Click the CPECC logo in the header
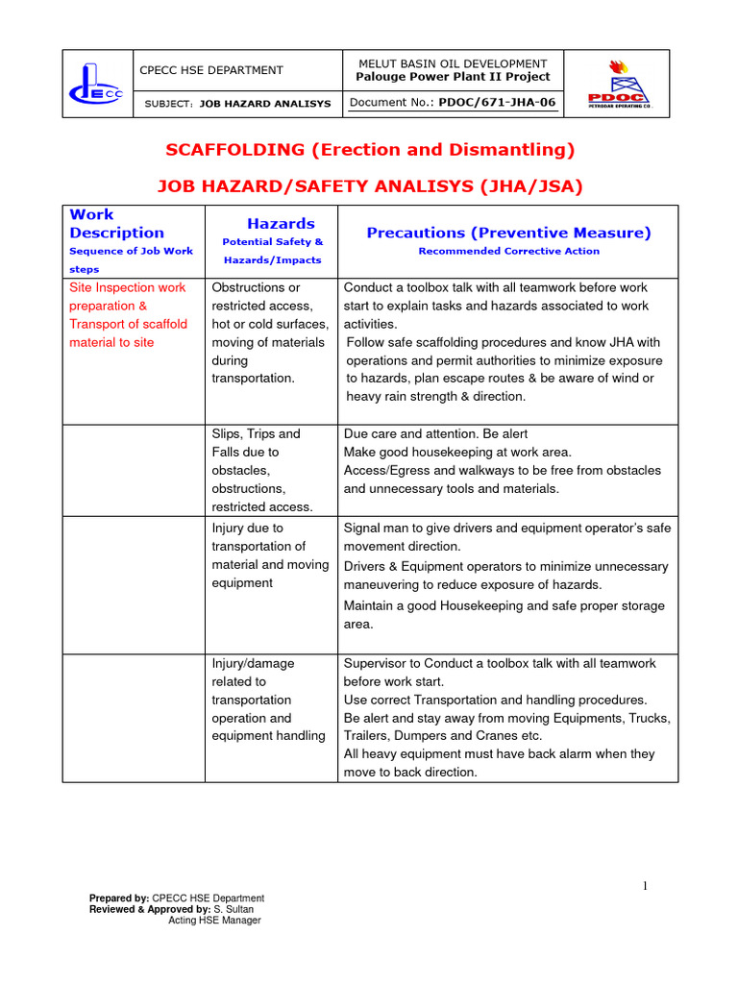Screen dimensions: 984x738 tap(96, 84)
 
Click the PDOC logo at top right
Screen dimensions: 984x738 tap(619, 84)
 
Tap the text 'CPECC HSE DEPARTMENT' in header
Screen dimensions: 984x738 tap(212, 70)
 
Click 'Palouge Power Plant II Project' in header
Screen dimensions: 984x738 tap(453, 77)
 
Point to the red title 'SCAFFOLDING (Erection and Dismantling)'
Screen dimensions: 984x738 tap(370, 150)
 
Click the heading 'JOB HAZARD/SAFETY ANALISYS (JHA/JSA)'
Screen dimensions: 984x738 tap(370, 186)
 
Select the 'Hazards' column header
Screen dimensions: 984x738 tap(281, 224)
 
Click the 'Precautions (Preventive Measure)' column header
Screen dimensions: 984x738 tap(508, 233)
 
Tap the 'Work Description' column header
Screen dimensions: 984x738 tap(116, 224)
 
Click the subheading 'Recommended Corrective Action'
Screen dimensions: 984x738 tap(508, 252)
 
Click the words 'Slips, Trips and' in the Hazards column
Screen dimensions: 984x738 tap(256, 434)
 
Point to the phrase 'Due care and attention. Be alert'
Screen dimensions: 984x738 tap(435, 434)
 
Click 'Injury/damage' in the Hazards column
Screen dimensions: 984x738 tap(253, 664)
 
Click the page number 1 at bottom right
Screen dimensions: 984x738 tap(646, 886)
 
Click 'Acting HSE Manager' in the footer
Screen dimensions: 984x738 tap(214, 921)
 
